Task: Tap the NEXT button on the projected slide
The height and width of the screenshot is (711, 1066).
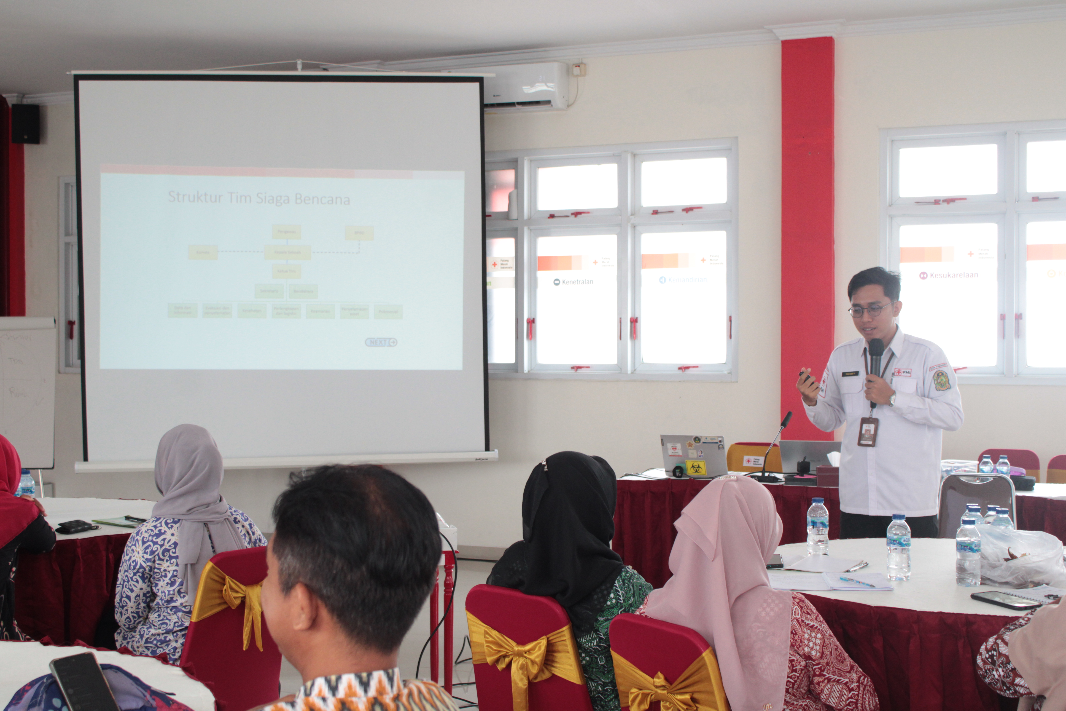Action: point(381,342)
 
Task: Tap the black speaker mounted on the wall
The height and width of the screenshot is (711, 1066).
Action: point(25,123)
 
